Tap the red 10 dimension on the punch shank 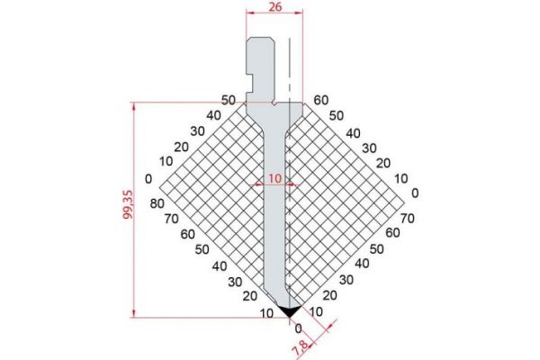274,178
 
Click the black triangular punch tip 289,310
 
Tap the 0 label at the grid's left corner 148,177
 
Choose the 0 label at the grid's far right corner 414,192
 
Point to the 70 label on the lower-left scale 173,219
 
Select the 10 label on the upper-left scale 165,161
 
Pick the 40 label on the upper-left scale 212,115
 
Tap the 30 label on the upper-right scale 367,147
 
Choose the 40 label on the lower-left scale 220,265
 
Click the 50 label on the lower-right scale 376,247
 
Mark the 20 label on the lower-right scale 329,295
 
